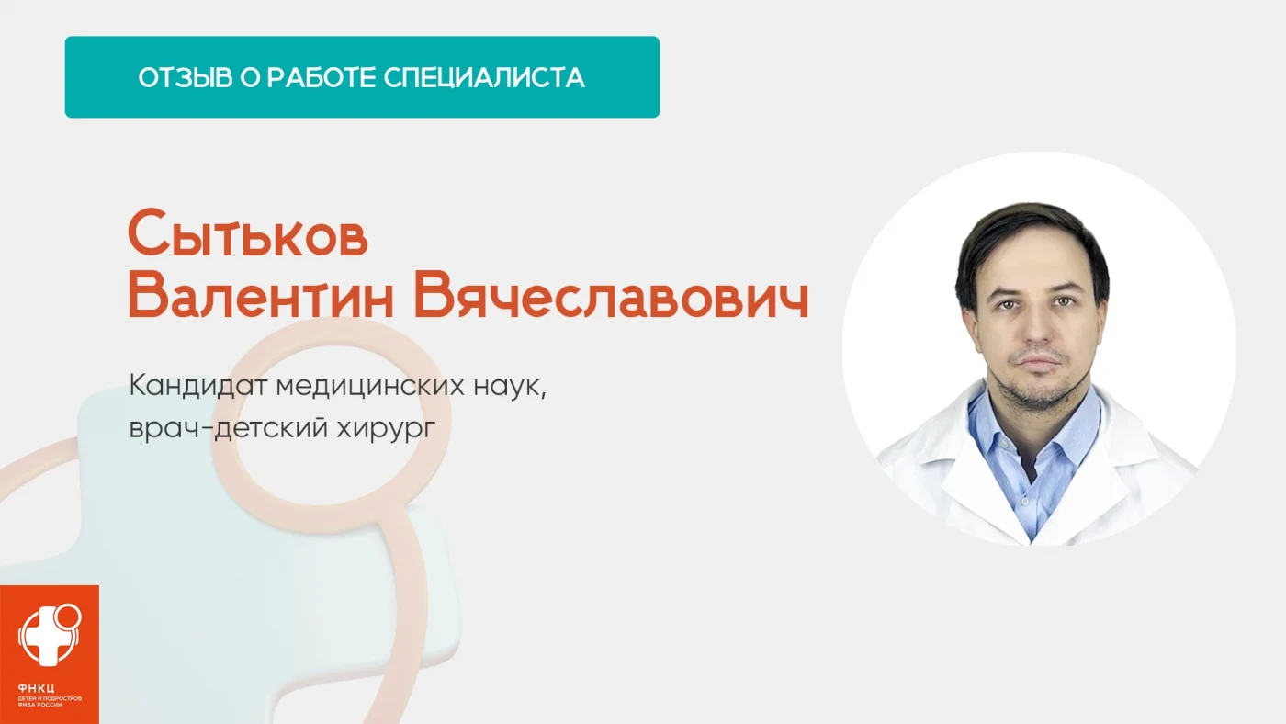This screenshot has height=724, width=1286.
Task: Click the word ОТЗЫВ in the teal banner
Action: [186, 77]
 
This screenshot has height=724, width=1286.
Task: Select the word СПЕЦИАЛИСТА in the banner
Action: [484, 77]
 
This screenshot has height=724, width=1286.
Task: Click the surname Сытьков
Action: [247, 233]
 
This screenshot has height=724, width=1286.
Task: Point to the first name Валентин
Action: [261, 296]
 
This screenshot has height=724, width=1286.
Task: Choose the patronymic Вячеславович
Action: [611, 296]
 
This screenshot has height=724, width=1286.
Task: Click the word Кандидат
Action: [198, 385]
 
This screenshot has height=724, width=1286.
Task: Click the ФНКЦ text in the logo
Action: [36, 688]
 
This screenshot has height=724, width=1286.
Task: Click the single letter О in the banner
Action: [250, 77]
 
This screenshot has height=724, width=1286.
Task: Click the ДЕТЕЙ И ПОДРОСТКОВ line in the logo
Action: [50, 699]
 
